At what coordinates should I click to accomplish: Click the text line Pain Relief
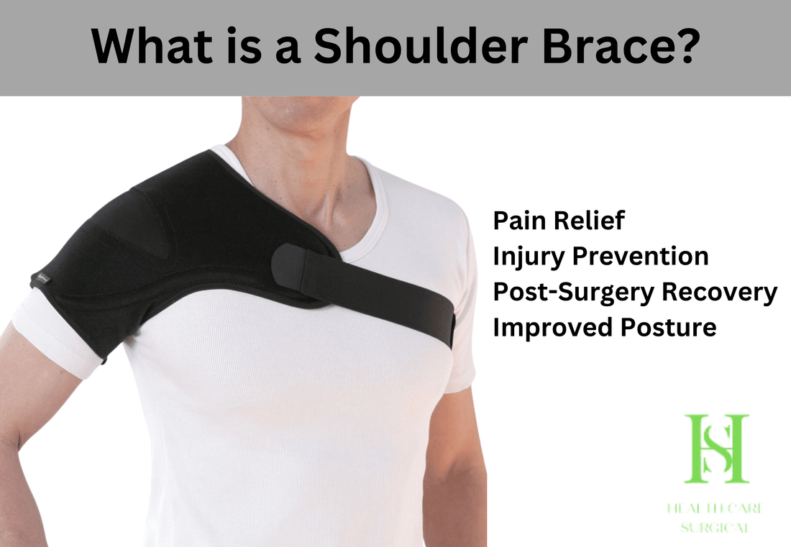pyautogui.click(x=559, y=221)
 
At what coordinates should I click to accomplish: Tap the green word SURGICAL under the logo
pyautogui.click(x=716, y=529)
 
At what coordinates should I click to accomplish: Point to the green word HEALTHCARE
pyautogui.click(x=715, y=510)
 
